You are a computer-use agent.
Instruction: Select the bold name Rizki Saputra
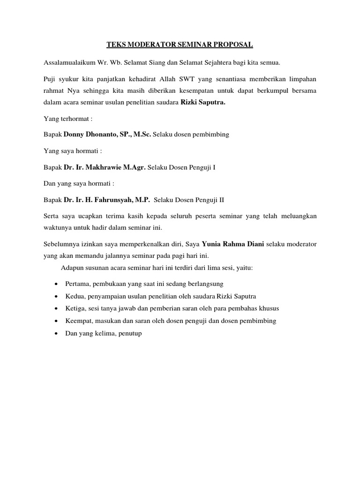click(x=203, y=103)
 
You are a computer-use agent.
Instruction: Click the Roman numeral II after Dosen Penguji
click(x=221, y=199)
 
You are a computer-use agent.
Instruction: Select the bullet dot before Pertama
click(x=56, y=284)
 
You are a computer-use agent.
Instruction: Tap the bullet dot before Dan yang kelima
click(x=56, y=333)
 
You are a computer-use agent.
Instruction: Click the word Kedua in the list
click(x=75, y=296)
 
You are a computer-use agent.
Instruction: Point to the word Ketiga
click(x=76, y=308)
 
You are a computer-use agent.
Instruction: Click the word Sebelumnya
click(x=62, y=244)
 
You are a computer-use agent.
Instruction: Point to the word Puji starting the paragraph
click(x=50, y=79)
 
